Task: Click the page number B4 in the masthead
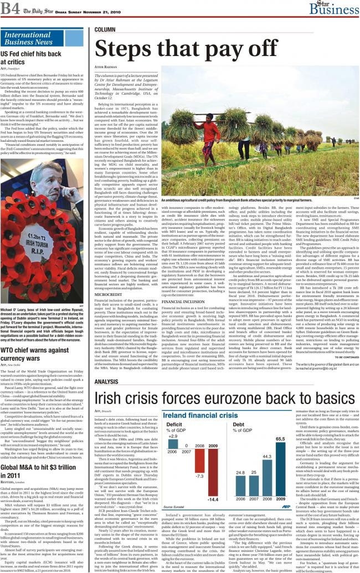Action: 11,8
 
